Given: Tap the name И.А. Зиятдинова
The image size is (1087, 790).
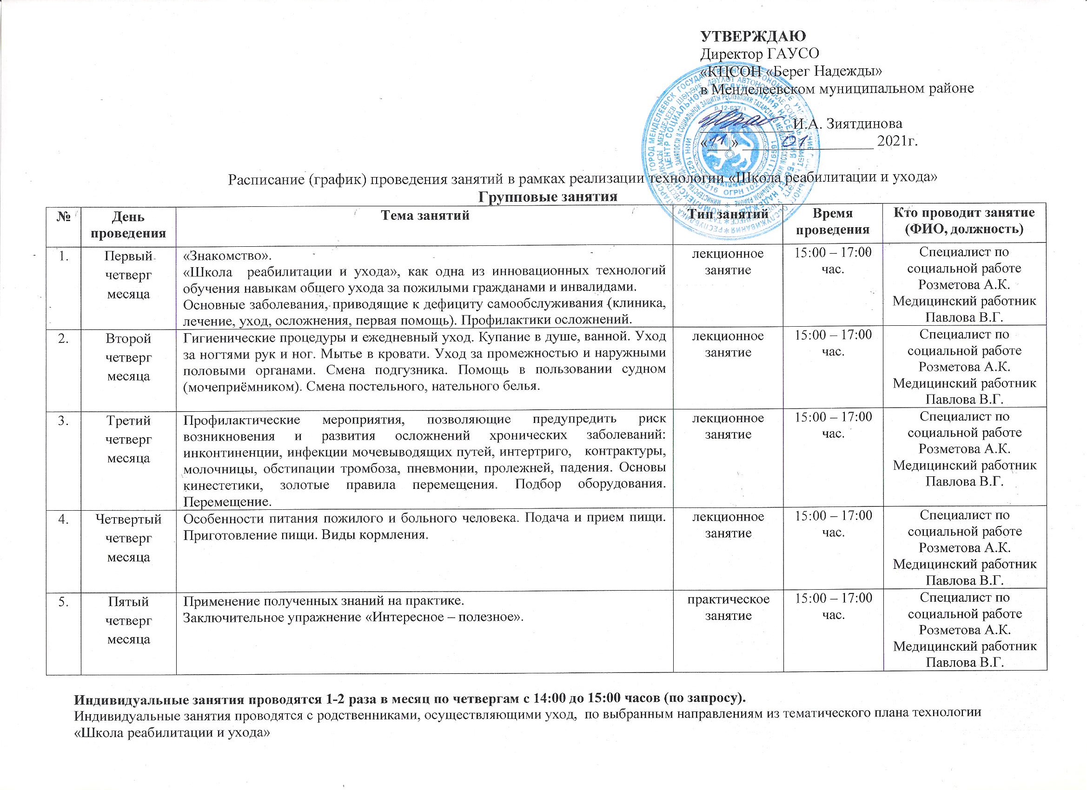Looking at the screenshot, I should click(x=848, y=124).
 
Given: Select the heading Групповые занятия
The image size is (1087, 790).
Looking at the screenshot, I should click(x=547, y=197).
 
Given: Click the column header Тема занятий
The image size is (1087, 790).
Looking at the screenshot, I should click(x=424, y=216).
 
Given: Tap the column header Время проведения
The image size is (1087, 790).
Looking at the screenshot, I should click(x=833, y=221).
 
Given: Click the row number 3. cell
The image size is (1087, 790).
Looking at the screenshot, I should click(x=63, y=421).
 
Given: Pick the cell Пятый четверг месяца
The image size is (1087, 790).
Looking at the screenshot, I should click(x=128, y=620).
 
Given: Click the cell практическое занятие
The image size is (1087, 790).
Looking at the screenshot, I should click(x=729, y=607).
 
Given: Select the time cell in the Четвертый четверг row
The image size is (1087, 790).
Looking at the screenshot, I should click(x=833, y=524).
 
